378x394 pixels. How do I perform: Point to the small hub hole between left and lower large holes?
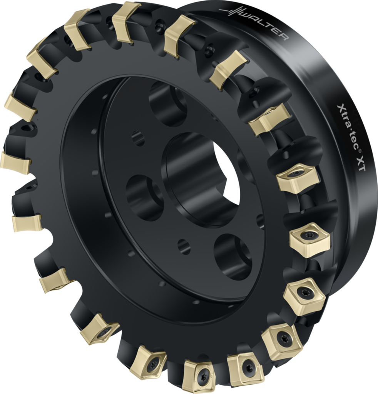tap(184, 246)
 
